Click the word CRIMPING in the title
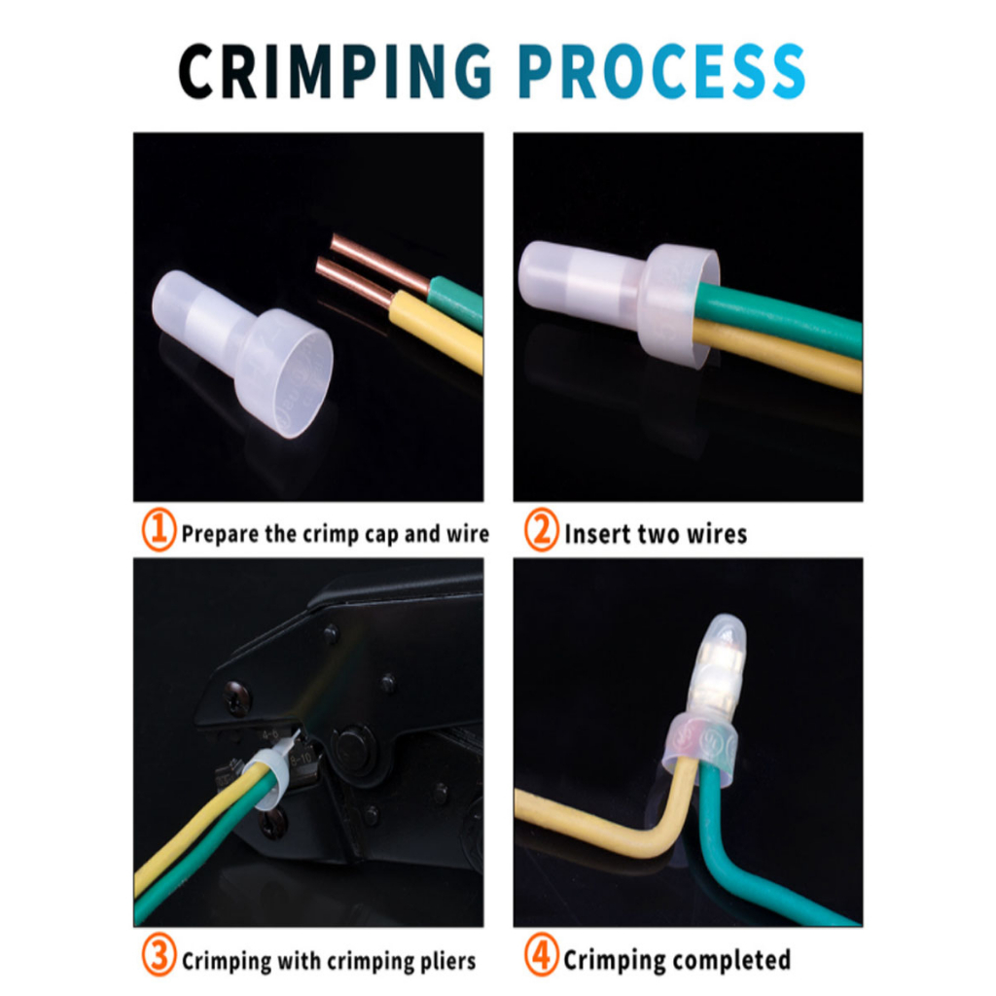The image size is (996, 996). [x=336, y=71]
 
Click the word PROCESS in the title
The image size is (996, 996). [x=661, y=71]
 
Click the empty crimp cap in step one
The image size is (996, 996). [x=242, y=353]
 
